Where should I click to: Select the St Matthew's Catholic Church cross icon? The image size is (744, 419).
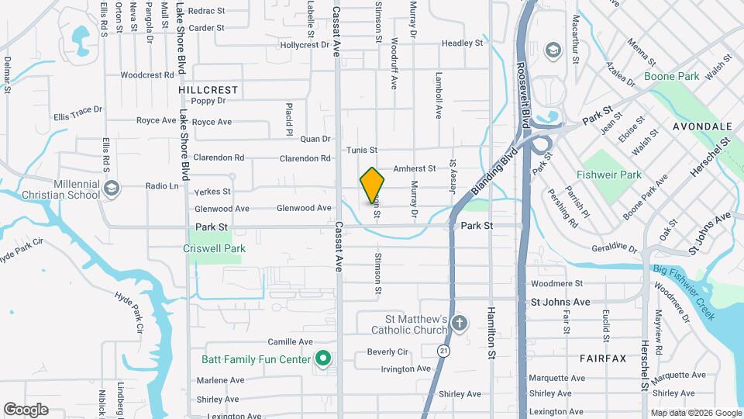pos(460,323)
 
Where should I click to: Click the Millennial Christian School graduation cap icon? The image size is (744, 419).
pos(112,189)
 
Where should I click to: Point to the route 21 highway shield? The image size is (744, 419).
pos(442,351)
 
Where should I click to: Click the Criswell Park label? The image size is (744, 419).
pos(214,248)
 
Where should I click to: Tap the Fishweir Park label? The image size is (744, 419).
pos(609,175)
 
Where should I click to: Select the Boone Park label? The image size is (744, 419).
pos(671,77)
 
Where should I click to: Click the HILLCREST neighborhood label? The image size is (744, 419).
pos(208,90)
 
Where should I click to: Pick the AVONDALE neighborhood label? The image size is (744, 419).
pos(702,126)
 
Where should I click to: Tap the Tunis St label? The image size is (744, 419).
pos(362,150)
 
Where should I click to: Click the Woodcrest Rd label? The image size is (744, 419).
pos(146,75)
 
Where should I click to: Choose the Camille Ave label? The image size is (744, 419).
pos(289,341)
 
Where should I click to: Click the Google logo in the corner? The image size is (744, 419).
pos(26,410)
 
